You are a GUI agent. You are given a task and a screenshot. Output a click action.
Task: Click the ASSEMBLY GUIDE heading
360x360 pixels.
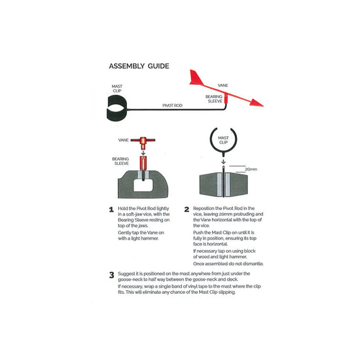pos(139,66)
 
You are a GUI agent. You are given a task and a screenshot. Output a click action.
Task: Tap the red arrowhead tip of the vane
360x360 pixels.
pos(263,106)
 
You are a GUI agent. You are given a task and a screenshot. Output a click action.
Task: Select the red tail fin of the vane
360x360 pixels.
pos(196,78)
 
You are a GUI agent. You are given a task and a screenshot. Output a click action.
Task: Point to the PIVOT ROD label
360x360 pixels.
pos(172,105)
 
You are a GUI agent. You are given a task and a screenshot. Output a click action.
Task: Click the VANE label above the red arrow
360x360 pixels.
pos(223,85)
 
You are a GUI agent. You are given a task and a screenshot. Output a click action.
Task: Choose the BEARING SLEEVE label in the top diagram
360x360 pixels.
pos(214,99)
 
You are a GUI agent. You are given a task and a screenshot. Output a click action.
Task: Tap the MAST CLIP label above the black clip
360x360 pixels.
pos(117,88)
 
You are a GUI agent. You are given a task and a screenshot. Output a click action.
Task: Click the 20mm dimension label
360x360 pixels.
pos(251,170)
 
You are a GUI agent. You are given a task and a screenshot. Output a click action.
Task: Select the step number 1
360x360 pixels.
pos(111,209)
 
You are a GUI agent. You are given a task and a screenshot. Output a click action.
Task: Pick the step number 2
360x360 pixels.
pos(187,209)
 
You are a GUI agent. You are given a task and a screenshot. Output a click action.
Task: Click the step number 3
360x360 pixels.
pos(111,275)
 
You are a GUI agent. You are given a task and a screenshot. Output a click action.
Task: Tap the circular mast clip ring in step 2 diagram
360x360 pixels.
pos(211,140)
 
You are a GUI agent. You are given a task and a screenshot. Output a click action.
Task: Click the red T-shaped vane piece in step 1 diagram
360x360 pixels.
pos(143,142)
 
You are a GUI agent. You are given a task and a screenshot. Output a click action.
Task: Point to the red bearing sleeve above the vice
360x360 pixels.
pos(143,164)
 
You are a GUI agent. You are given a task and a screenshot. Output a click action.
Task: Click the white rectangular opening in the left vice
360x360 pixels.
pos(143,185)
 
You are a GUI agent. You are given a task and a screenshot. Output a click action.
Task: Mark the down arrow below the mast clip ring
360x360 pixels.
pos(223,162)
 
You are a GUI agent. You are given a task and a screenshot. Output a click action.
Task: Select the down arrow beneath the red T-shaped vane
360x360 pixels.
pos(143,153)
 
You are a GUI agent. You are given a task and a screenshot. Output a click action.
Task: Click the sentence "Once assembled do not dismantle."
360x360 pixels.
pos(228,264)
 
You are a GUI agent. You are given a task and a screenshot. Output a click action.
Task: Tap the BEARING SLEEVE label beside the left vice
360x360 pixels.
pos(120,161)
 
